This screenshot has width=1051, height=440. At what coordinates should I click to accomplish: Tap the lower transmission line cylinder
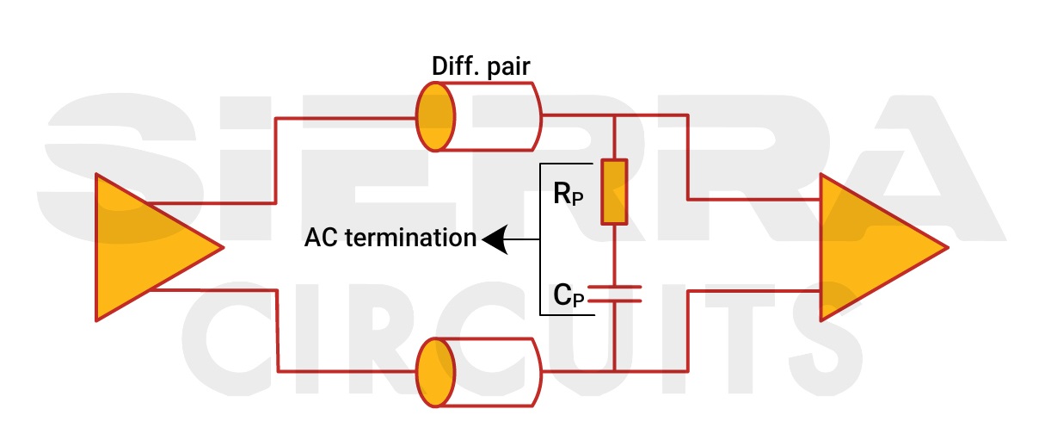tap(478, 372)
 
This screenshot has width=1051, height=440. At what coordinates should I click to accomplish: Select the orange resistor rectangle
tap(614, 191)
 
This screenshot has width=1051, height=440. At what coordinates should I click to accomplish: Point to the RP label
tap(568, 195)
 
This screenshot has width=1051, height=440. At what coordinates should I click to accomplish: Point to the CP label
tap(569, 295)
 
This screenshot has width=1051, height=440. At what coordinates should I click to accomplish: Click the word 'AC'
tap(322, 238)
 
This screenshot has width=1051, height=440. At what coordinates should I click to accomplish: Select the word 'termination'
tap(410, 238)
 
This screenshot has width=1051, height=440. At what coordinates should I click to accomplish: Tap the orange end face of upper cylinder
tap(434, 117)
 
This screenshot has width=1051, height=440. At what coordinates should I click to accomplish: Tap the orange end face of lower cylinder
tap(434, 372)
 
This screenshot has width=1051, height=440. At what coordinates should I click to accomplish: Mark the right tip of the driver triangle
tap(222, 248)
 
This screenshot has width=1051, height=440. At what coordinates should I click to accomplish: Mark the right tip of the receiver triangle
tap(946, 248)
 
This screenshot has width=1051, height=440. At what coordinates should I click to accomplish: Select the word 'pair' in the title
tap(507, 67)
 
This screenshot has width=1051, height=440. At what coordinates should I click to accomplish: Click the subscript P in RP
tap(577, 199)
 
